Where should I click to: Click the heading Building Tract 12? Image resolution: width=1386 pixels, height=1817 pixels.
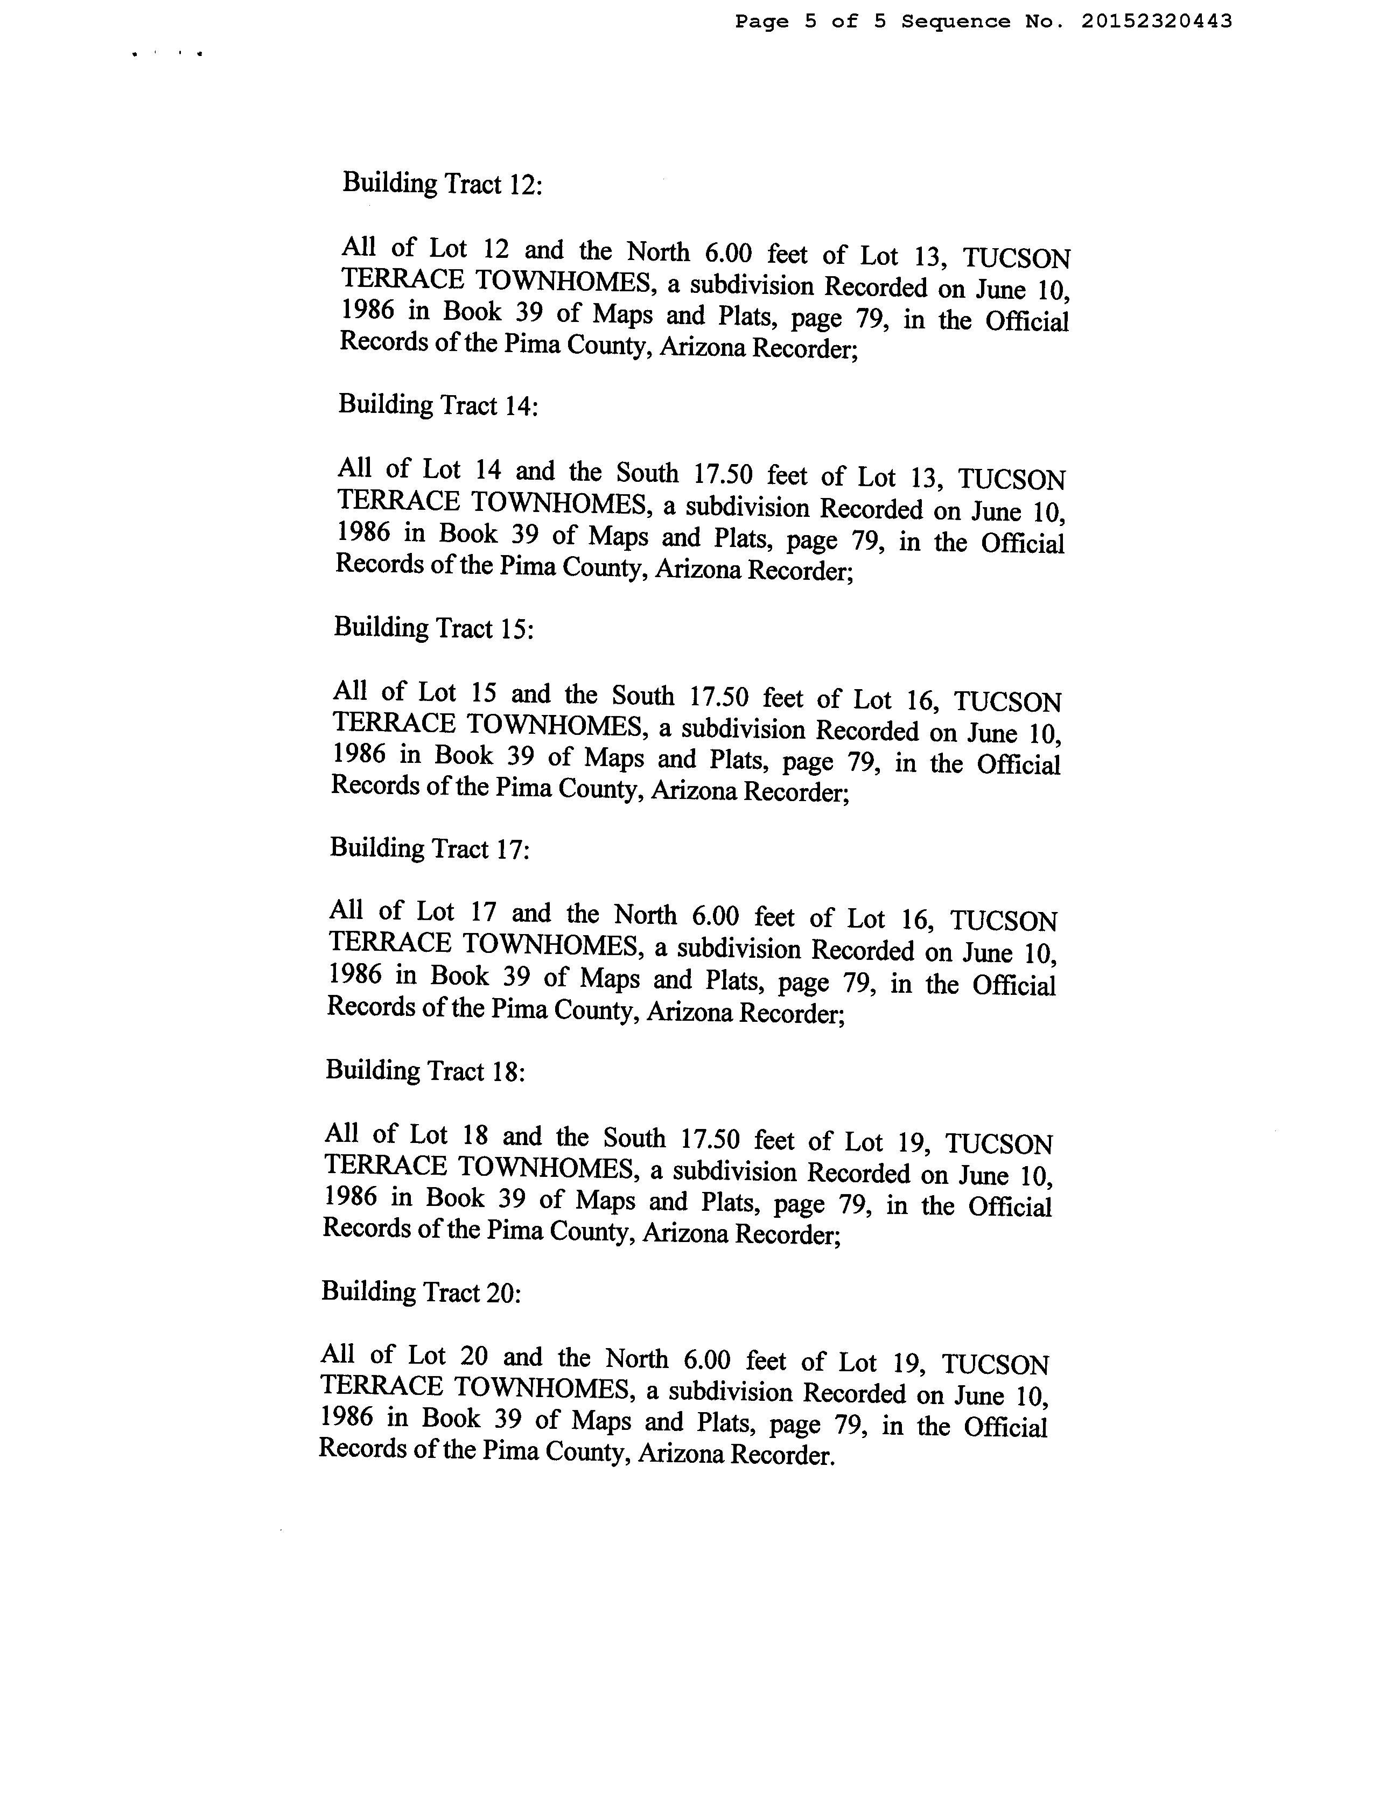[442, 183]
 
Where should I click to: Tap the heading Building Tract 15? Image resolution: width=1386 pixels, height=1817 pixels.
[434, 628]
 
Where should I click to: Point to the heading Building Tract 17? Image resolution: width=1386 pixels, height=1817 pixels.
[430, 848]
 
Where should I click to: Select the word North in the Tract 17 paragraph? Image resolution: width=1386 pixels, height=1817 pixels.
[645, 915]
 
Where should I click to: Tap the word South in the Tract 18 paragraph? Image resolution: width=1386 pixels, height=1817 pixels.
[634, 1138]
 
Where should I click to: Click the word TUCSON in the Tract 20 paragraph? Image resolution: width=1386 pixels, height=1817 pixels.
[995, 1364]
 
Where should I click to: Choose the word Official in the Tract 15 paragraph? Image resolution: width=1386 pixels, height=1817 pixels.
[1018, 764]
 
